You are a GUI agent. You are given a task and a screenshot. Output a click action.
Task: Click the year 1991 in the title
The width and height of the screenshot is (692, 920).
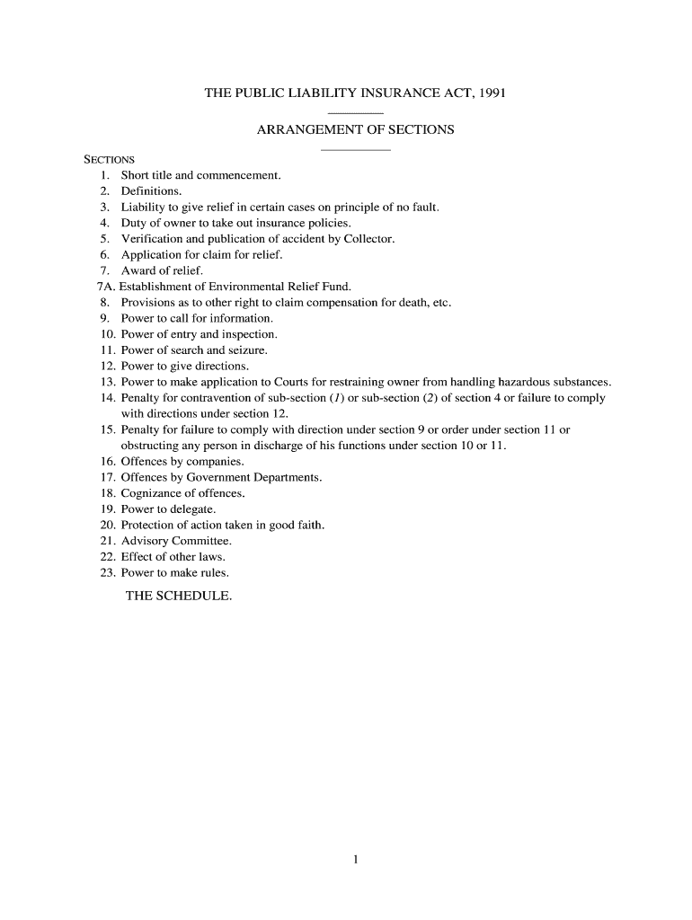492,93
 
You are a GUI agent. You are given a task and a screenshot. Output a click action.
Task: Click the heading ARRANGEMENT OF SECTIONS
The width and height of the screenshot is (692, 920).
355,130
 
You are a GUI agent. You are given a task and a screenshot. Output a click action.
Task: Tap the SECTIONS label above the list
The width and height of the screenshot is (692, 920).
109,160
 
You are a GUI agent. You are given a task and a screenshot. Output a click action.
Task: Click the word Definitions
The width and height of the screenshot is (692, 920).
151,191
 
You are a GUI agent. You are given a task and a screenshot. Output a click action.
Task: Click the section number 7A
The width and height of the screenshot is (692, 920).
106,287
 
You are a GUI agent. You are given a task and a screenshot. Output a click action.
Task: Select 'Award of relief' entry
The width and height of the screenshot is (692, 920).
162,270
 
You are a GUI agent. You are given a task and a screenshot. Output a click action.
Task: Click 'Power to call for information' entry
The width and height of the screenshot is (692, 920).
197,318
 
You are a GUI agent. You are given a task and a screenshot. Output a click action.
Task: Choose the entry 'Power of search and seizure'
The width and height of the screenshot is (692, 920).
194,350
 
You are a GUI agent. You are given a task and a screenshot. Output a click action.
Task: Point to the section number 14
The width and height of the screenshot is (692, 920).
108,398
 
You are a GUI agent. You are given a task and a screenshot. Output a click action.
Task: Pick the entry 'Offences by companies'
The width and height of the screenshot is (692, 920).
182,462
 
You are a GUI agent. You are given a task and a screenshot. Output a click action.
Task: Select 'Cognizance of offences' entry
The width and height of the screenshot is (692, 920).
182,493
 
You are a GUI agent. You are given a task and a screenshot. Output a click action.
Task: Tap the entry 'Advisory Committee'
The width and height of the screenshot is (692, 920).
176,541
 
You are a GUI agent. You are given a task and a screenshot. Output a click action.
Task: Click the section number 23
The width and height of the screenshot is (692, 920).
108,572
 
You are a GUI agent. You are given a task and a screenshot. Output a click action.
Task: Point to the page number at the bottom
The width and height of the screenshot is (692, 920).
356,860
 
